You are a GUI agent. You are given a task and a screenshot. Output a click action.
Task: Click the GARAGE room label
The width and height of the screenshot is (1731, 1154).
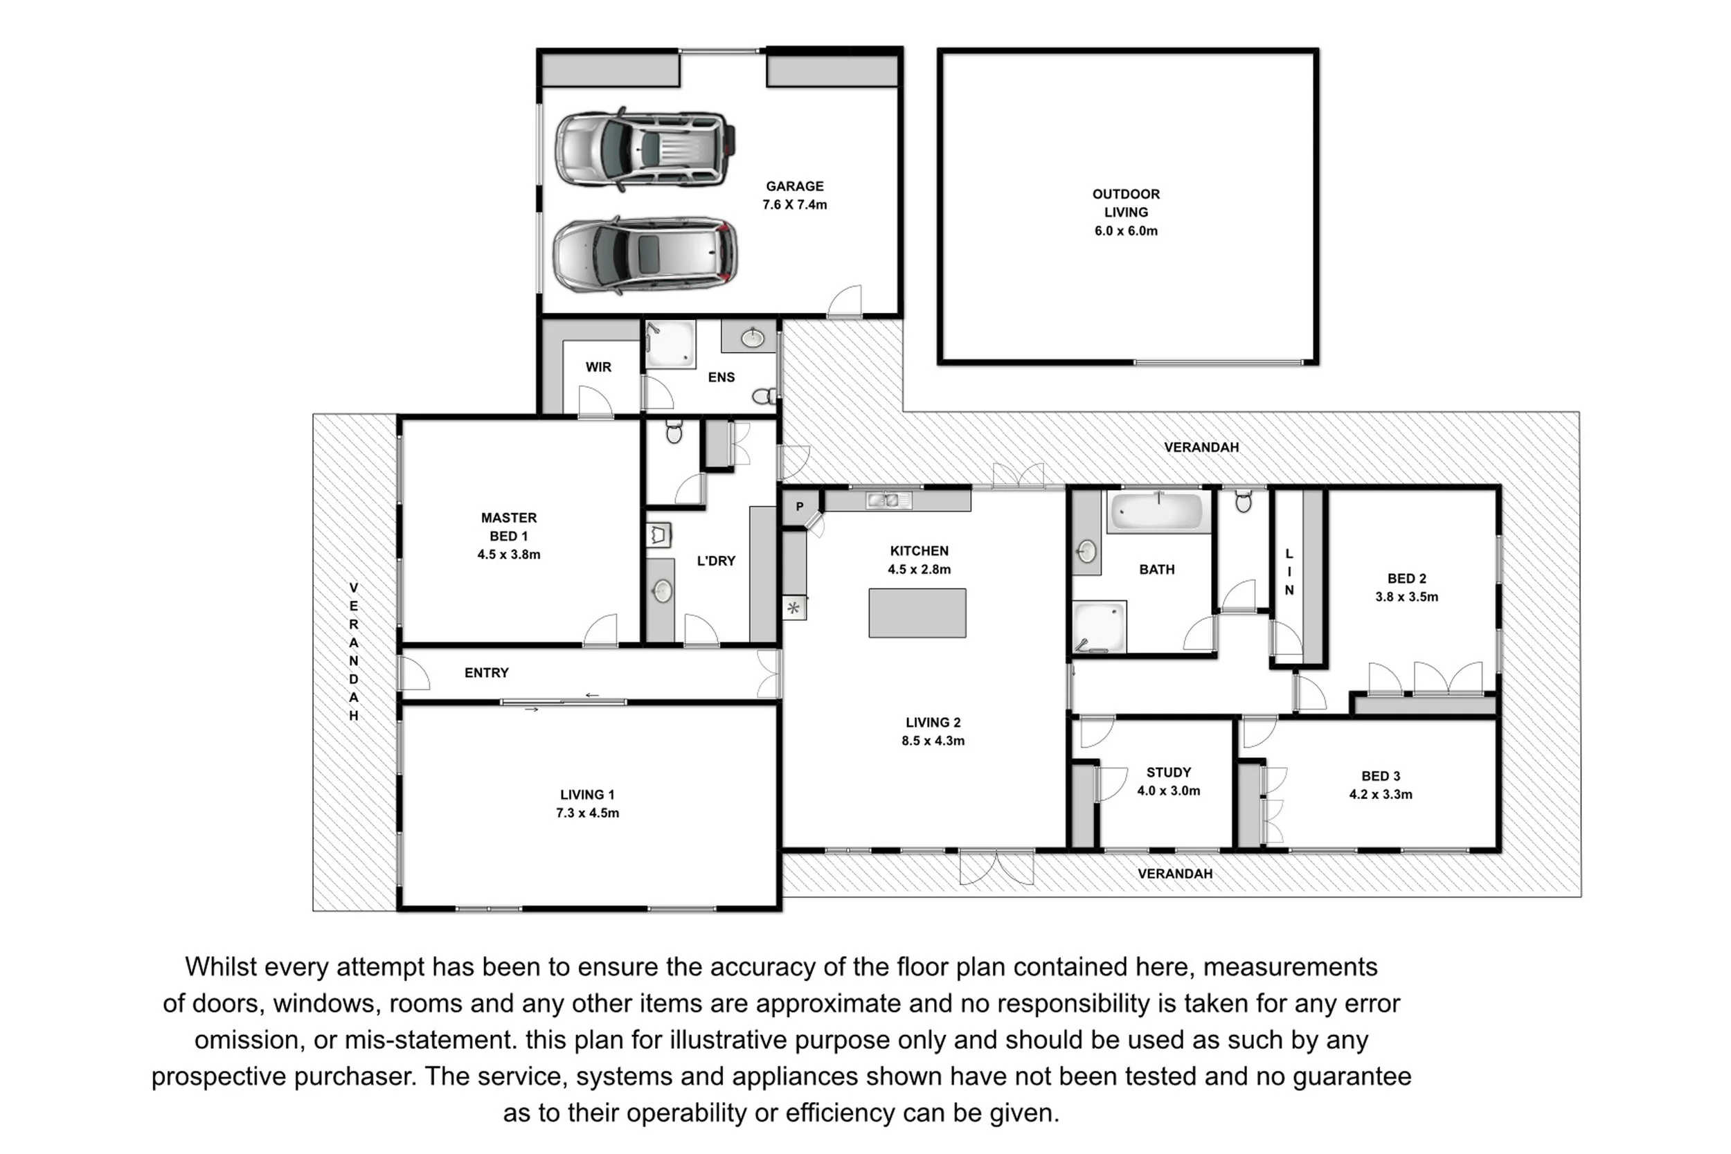794,187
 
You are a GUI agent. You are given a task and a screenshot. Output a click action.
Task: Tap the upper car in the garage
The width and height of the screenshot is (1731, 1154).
645,149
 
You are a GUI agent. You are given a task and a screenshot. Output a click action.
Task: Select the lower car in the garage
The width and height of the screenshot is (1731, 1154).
645,255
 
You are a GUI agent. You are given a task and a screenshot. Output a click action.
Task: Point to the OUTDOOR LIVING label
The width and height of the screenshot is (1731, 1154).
1125,203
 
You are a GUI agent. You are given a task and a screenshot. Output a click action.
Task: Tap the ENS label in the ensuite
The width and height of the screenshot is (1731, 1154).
721,377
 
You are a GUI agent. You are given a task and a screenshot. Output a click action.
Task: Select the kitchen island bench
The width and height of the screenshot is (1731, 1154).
917,613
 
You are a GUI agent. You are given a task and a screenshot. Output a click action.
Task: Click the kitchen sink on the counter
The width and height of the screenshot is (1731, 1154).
888,501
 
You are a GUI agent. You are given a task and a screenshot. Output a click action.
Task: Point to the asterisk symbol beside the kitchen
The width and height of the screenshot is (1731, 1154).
793,608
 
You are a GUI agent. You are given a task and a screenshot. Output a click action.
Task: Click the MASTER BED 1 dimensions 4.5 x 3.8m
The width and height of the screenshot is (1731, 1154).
508,555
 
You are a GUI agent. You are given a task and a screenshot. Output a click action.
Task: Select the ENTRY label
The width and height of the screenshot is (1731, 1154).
487,673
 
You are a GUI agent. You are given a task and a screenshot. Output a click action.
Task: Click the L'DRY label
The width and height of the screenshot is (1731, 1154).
716,561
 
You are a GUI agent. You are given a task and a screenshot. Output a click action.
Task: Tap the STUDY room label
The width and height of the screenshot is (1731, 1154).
1168,773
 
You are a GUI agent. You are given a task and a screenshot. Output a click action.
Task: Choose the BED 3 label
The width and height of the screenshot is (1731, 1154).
1381,777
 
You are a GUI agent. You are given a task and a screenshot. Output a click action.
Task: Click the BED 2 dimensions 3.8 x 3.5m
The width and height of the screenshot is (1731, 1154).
1406,597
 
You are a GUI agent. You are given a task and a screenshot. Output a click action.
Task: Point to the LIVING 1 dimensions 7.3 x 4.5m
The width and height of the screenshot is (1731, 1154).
587,813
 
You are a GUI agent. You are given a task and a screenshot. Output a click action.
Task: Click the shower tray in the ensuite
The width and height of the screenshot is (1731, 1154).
670,343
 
